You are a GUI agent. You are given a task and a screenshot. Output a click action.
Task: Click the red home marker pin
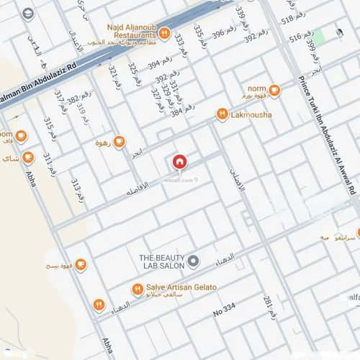click(179, 162)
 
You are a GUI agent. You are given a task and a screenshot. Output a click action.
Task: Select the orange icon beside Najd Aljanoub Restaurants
click(165, 32)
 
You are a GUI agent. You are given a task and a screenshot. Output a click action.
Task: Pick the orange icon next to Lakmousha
click(222, 114)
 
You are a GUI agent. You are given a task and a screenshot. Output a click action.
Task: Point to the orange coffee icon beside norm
click(274, 91)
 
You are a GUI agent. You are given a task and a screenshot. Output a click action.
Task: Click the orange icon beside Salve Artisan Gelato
click(137, 289)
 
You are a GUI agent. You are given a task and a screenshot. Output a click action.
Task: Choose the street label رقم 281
click(270, 307)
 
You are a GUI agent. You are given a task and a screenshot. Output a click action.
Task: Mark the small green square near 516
click(318, 35)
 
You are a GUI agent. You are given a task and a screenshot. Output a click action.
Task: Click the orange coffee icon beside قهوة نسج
click(81, 265)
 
